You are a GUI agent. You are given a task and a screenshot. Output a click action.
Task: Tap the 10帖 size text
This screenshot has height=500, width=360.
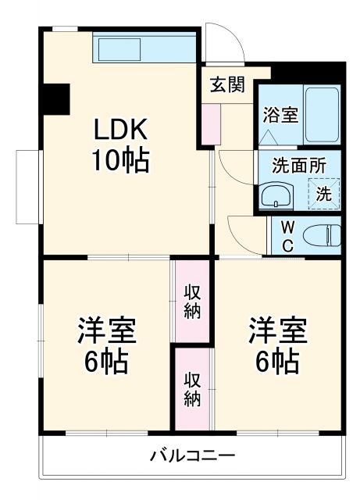121,161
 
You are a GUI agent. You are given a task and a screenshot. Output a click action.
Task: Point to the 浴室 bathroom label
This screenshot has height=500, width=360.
280,115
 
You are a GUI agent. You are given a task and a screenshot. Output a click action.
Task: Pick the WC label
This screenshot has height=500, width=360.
287,236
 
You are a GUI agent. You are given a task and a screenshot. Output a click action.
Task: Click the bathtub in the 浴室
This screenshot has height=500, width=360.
321,114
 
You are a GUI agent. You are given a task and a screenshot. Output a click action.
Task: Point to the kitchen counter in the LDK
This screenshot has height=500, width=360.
142,48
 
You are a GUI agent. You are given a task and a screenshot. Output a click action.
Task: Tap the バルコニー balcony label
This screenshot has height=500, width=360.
192,455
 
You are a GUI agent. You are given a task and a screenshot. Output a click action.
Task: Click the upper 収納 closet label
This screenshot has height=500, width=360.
192,301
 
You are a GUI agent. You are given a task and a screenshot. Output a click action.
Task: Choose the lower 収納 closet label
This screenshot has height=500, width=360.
192,388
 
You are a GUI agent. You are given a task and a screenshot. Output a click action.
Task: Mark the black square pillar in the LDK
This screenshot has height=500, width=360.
56,97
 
